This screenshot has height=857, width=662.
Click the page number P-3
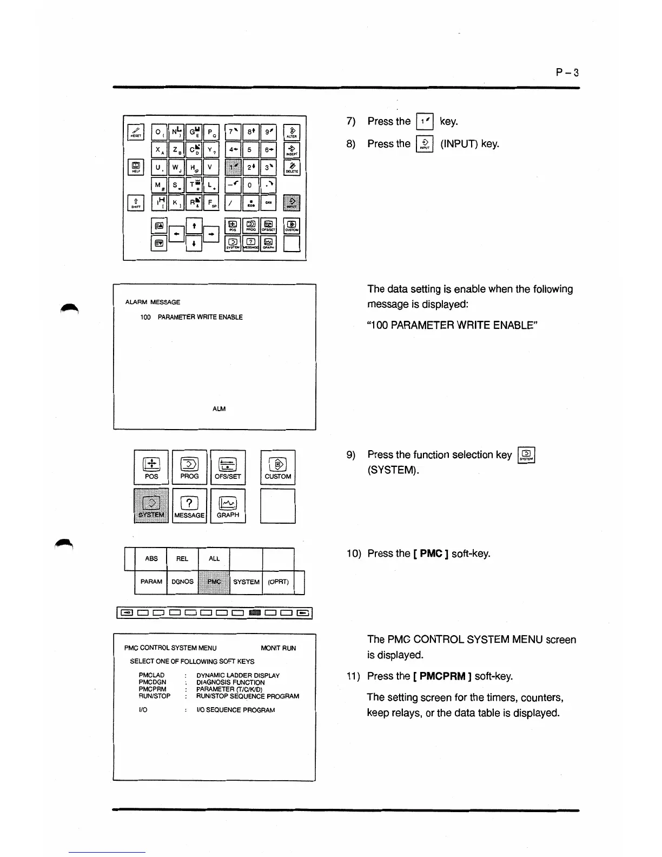coord(567,72)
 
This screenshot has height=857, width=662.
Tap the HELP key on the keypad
coord(136,167)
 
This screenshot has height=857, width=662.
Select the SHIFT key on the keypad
coord(136,202)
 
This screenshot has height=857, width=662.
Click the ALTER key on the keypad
coord(292,133)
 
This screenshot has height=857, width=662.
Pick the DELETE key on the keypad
coord(292,167)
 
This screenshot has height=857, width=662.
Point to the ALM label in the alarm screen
coord(219,409)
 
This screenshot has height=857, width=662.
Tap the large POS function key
coord(151,467)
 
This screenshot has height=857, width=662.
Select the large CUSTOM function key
coord(277,467)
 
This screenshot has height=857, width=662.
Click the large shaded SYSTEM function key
coord(151,506)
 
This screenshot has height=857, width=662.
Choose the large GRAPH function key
coord(228,506)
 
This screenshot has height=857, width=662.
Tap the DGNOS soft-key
coord(182,582)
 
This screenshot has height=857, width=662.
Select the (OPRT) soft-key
coord(278,582)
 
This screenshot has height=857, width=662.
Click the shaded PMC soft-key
coord(214,582)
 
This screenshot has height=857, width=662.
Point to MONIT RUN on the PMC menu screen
coord(278,648)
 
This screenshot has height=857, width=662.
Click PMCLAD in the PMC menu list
coord(151,676)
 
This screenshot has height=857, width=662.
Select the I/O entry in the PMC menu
coord(143,710)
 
